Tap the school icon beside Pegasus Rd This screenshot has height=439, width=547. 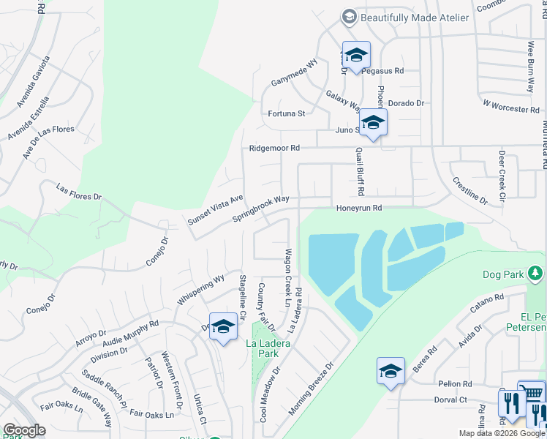pos(356,56)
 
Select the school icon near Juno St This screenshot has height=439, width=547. pos(373,122)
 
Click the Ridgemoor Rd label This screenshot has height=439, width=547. pos(274,148)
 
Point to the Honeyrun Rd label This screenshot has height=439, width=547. pos(359,208)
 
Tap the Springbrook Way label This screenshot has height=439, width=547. pos(261,209)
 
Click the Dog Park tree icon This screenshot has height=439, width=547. pos(536,274)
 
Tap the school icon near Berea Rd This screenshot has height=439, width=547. pos(391,372)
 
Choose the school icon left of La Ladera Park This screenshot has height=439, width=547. pos(223,327)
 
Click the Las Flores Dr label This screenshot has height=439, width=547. pos(79,192)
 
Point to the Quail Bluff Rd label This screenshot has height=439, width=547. pos(361,171)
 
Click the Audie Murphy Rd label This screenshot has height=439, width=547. pos(132,333)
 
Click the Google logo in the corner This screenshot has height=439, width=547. pos(24,430)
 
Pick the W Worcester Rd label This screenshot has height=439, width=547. pos(511,106)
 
